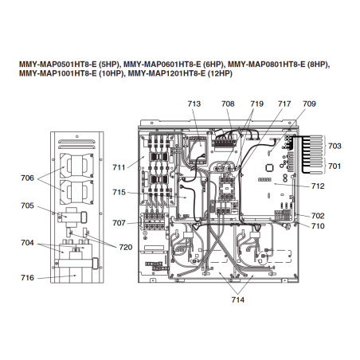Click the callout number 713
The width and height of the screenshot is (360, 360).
click(x=194, y=104)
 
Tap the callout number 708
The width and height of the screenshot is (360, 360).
click(x=228, y=104)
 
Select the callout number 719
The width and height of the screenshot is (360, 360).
click(x=256, y=104)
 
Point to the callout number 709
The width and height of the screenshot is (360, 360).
click(x=309, y=104)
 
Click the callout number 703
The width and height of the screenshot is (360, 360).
click(x=335, y=146)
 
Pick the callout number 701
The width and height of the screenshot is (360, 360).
click(x=335, y=166)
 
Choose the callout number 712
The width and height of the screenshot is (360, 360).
click(x=318, y=186)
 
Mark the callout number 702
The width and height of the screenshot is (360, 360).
click(x=318, y=216)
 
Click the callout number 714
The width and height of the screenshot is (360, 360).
click(x=237, y=299)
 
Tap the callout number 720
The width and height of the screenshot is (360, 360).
click(x=126, y=248)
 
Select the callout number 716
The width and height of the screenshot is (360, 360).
click(x=27, y=278)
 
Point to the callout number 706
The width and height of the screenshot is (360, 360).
click(x=27, y=178)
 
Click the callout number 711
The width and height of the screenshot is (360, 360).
click(x=119, y=167)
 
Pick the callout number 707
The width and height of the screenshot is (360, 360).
click(x=119, y=223)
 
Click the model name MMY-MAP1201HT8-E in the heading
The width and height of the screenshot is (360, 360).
click(x=166, y=73)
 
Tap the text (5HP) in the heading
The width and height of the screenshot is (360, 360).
click(x=110, y=65)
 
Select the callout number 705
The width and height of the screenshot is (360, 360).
click(x=27, y=205)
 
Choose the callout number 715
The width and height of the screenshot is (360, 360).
click(x=119, y=192)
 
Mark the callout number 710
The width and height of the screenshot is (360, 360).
click(x=318, y=226)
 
